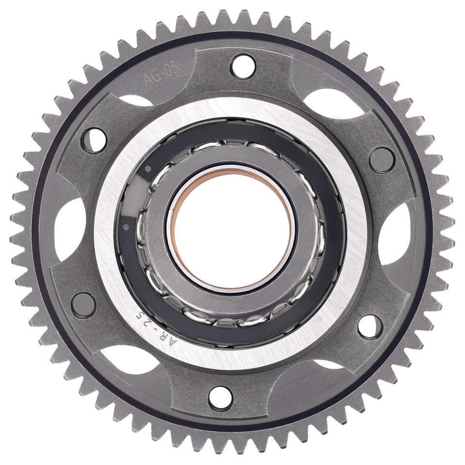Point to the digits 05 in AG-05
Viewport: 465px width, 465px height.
click(170, 69)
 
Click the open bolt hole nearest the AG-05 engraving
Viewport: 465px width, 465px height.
click(243, 66)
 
